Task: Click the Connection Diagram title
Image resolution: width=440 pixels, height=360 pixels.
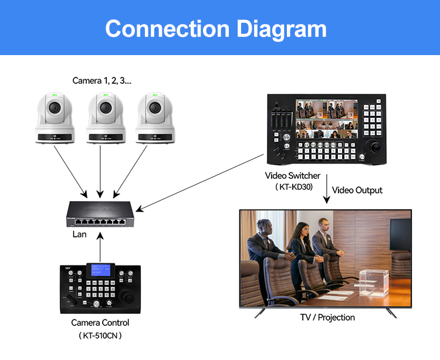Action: click(x=216, y=29)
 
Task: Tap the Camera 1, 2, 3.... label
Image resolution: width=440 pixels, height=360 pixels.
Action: click(x=102, y=80)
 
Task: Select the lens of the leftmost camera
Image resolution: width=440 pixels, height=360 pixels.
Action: click(x=54, y=109)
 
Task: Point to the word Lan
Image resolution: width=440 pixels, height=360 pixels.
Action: click(x=79, y=235)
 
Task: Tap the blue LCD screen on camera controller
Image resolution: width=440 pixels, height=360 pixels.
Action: click(x=100, y=271)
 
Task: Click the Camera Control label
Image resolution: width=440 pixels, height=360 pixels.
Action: click(x=100, y=322)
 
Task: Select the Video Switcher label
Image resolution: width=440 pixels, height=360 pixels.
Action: click(x=293, y=175)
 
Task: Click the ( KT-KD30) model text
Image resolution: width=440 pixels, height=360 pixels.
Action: click(x=293, y=187)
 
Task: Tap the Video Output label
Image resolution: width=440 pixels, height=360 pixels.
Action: click(x=357, y=190)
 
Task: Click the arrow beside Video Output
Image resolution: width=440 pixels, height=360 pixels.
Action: click(x=326, y=191)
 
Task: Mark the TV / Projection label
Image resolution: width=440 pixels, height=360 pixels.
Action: click(x=327, y=317)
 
